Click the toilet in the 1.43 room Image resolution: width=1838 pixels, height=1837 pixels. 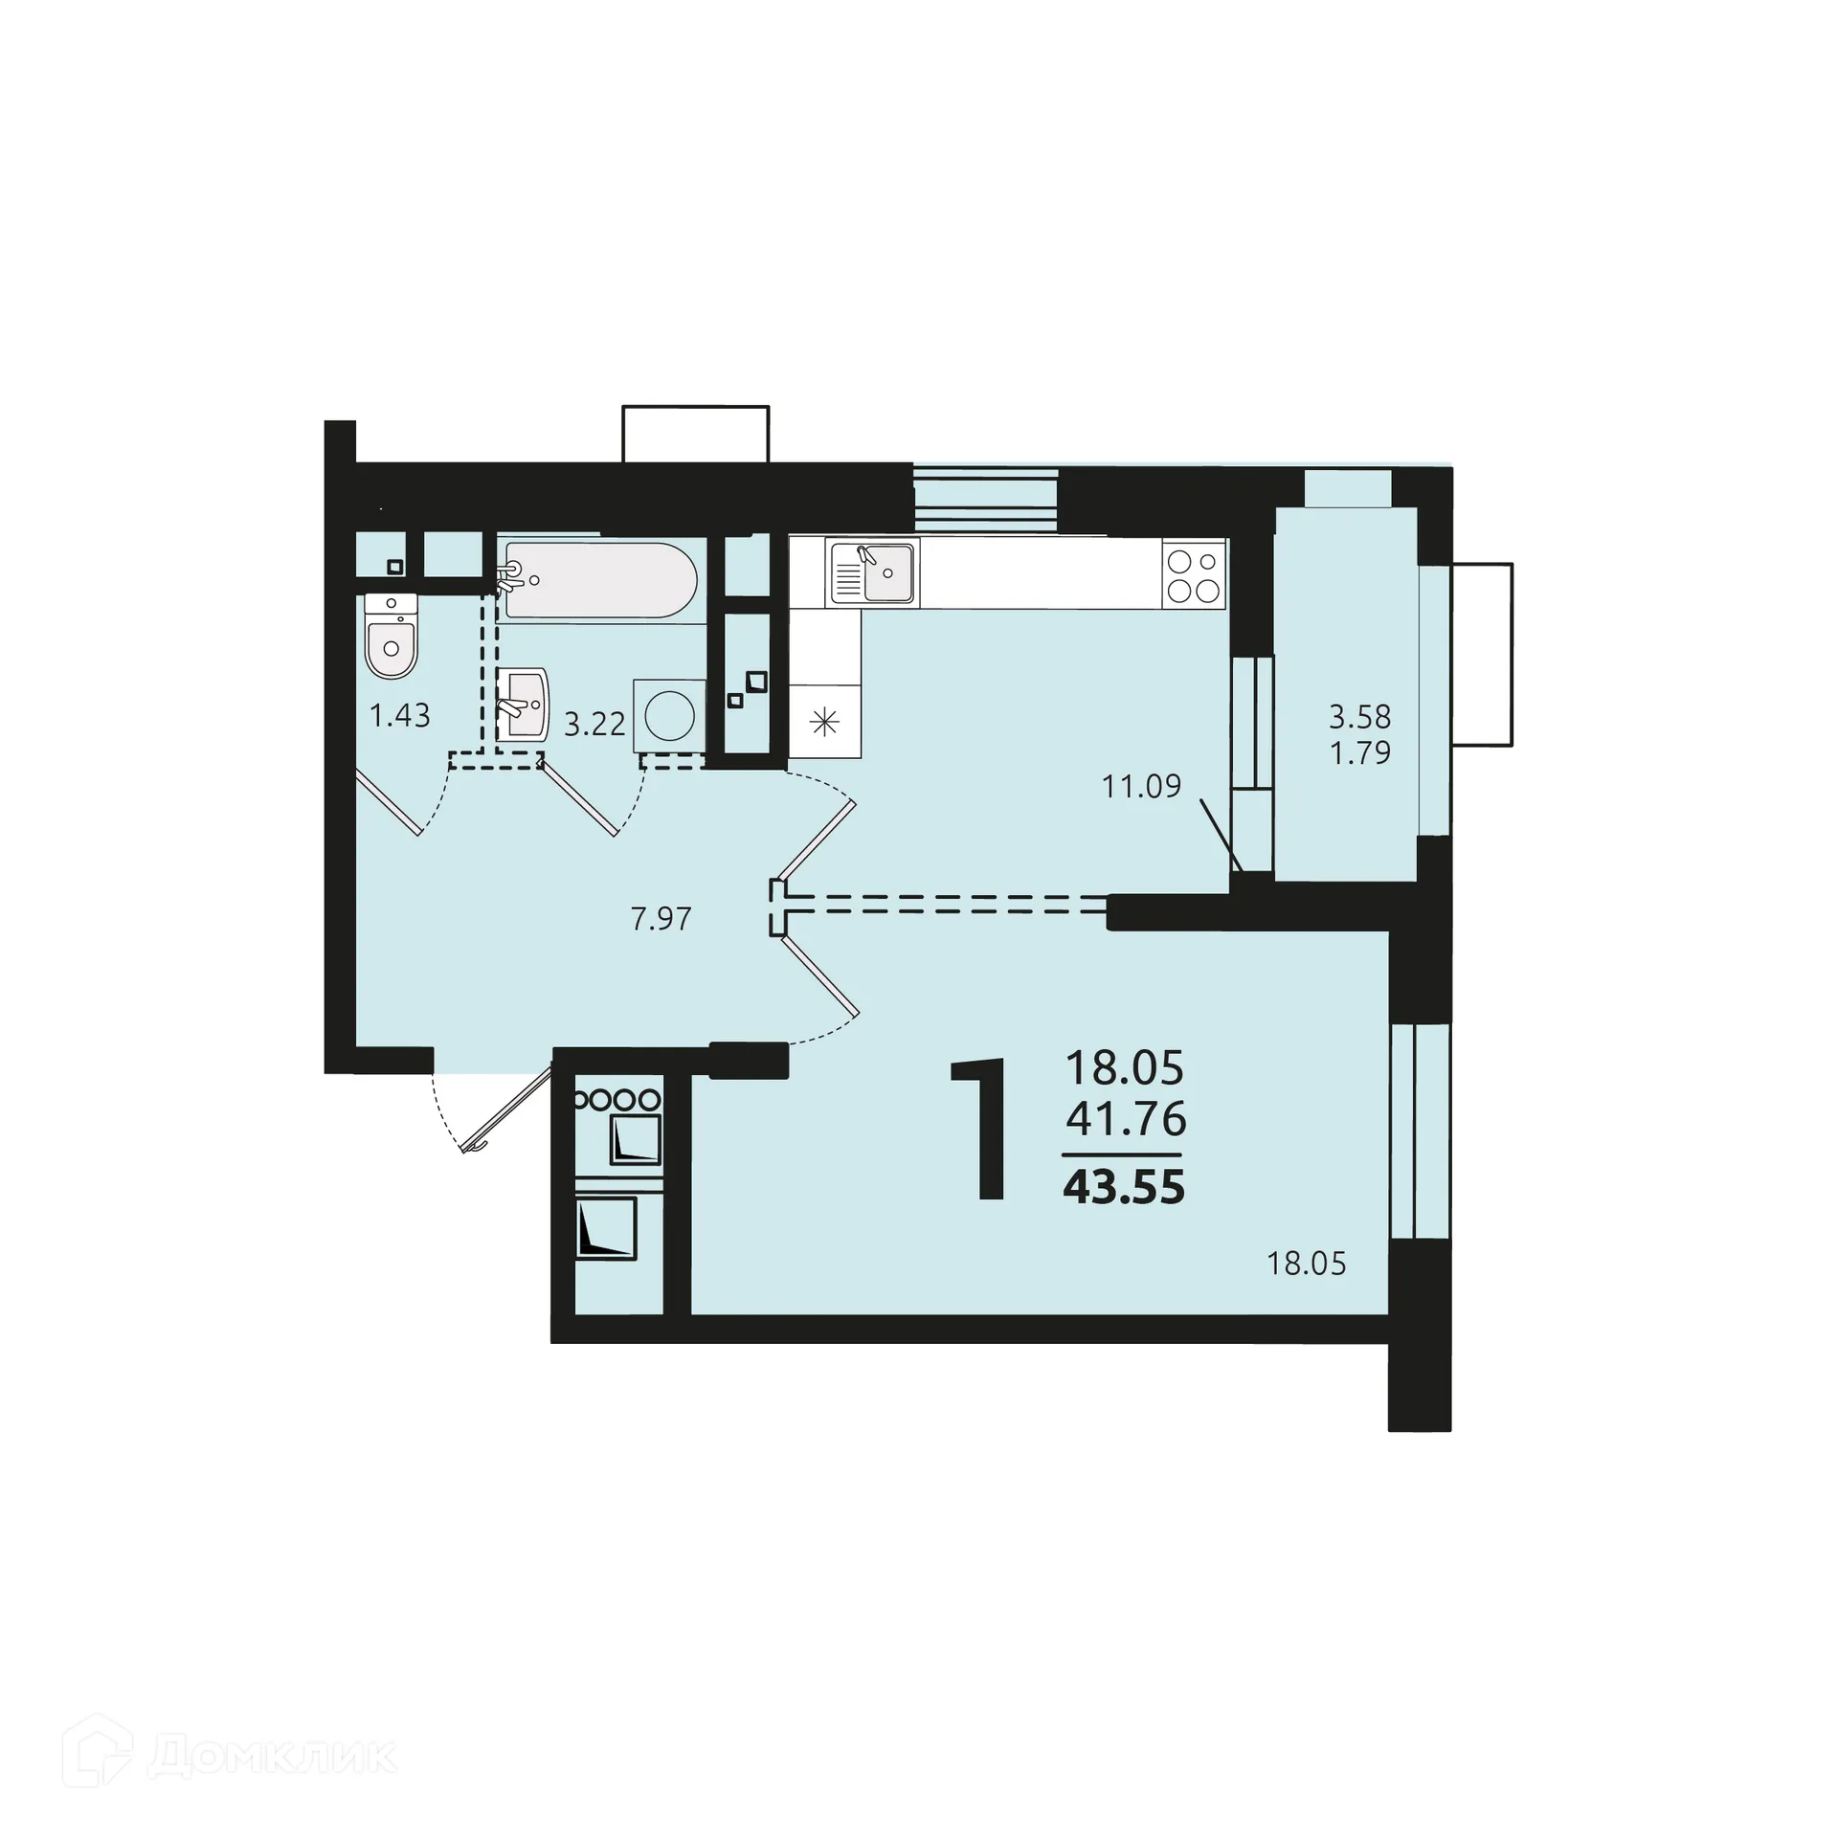[391, 639]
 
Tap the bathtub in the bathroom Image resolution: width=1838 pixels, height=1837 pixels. [600, 580]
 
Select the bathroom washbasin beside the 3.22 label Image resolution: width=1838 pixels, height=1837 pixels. [524, 704]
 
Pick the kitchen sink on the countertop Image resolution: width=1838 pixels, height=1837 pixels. [872, 572]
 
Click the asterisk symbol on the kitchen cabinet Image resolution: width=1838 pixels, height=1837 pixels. [824, 722]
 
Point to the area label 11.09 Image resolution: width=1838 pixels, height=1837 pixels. [1141, 786]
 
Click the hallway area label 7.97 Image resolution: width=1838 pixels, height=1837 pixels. [661, 919]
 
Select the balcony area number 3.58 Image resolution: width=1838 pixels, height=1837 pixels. [1359, 716]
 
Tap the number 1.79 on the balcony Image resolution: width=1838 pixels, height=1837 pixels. [1359, 752]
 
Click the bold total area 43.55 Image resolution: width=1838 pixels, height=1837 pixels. [1124, 1188]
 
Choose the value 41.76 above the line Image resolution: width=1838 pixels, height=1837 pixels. [1126, 1118]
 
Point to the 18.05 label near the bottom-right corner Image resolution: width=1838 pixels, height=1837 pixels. [1306, 1264]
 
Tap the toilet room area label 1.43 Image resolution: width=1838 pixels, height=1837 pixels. [400, 715]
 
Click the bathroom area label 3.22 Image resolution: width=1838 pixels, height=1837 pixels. [594, 724]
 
